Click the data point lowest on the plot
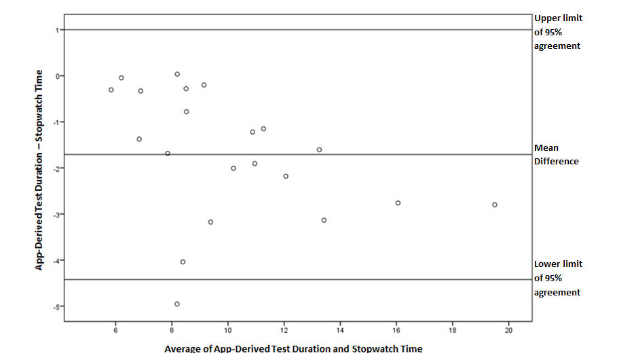pos(177,304)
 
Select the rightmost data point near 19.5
pos(495,204)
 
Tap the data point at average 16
pos(398,202)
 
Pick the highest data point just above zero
pos(177,74)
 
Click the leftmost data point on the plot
pos(111,90)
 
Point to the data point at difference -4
pos(183,262)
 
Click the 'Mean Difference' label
pos(557,155)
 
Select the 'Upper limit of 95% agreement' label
pos(558,32)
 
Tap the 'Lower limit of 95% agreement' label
pos(558,278)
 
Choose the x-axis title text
pos(293,348)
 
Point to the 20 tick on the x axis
pos(508,331)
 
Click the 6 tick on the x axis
pos(115,331)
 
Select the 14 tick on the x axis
pos(340,331)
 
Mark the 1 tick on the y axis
pos(58,30)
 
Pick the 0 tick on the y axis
pos(58,76)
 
